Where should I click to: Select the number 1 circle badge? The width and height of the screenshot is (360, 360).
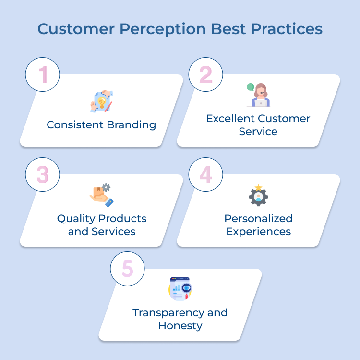42,74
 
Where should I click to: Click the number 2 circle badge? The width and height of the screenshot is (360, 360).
205,74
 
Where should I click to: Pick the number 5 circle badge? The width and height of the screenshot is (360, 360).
127,268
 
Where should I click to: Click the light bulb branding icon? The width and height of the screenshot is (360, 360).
101,101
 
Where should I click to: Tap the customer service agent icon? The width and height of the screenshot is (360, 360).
260,95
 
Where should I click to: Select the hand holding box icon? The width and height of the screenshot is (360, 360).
101,195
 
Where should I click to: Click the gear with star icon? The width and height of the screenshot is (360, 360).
258,196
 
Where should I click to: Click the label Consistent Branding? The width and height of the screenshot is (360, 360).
101,125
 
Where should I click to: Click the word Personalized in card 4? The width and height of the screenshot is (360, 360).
258,219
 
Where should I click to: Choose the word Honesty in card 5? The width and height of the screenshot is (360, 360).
180,326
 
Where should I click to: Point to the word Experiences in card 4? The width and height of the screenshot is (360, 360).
258,232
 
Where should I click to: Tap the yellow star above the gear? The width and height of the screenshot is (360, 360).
258,187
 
